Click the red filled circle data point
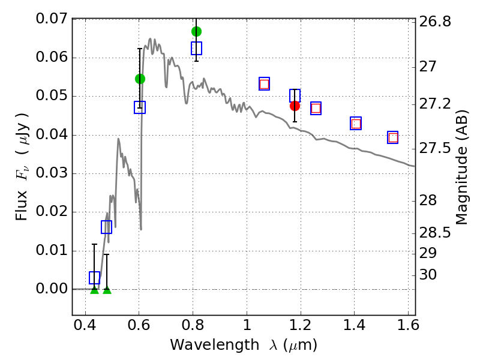tap(295, 106)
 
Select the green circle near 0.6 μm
tap(140, 79)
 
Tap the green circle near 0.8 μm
tap(196, 31)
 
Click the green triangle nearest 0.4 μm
tap(94, 290)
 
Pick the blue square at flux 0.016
tap(107, 227)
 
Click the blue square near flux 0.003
tap(94, 277)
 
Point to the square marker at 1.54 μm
tap(393, 137)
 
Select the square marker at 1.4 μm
tap(356, 124)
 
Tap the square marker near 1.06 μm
tap(264, 83)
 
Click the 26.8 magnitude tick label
tap(436, 22)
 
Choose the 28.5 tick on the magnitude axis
tap(436, 232)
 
